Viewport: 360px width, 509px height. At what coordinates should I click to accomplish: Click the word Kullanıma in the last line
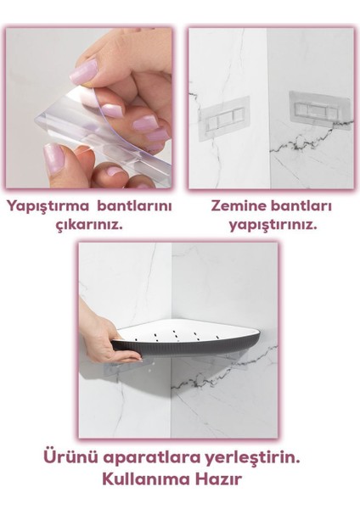(x=145, y=479)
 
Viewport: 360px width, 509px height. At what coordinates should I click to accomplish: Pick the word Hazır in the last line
(x=222, y=479)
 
